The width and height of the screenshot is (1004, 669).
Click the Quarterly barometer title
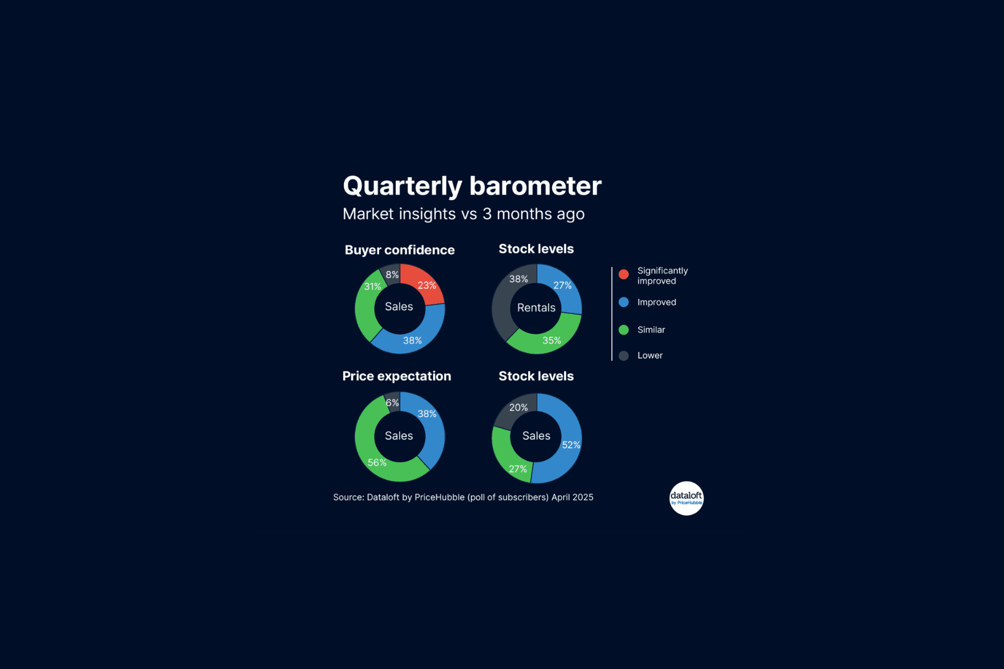click(472, 186)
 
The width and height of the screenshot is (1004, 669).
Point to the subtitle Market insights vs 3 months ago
click(463, 214)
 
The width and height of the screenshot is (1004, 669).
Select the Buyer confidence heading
click(400, 250)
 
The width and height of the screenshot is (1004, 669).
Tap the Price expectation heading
click(396, 376)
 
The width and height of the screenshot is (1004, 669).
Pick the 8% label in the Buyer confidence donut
click(392, 274)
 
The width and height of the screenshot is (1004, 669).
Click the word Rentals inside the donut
click(536, 308)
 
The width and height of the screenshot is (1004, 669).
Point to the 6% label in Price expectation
click(392, 402)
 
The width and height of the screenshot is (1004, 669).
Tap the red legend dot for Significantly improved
click(623, 274)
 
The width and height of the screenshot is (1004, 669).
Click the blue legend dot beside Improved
click(623, 302)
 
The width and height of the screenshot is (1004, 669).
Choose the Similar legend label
click(651, 330)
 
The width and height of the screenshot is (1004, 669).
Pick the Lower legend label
click(649, 355)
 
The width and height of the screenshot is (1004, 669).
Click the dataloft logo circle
click(686, 498)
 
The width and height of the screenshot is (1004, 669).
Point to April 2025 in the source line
click(572, 498)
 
